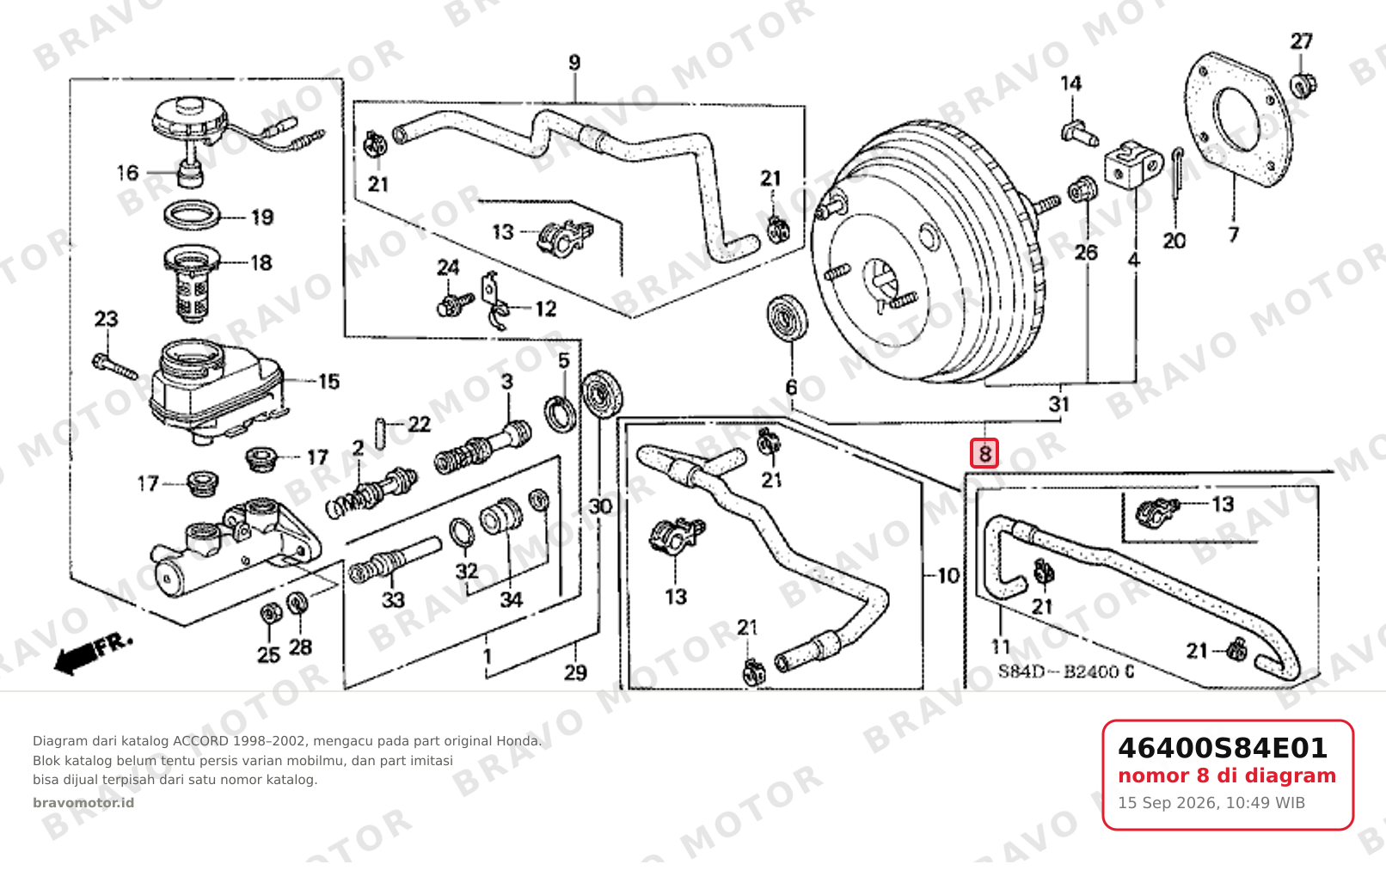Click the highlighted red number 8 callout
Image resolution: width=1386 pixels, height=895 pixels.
(984, 453)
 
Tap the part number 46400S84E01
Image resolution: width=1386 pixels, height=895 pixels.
(1222, 748)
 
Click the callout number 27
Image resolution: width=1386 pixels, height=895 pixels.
(1301, 41)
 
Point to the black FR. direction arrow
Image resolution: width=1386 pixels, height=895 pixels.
(93, 654)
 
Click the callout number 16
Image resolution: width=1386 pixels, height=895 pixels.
(127, 173)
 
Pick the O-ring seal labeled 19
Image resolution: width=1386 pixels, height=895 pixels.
(193, 214)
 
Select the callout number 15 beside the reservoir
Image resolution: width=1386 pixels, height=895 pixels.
(328, 382)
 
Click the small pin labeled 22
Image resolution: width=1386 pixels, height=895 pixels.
(381, 433)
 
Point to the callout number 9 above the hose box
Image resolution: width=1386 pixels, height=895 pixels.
(574, 63)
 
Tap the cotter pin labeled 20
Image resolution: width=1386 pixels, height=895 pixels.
(1177, 173)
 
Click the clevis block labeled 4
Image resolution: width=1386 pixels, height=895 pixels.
(1133, 164)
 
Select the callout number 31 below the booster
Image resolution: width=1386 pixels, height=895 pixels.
(1059, 404)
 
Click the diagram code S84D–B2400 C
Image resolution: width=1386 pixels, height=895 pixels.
(1066, 671)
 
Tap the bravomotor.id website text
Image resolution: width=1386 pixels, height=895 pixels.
(83, 803)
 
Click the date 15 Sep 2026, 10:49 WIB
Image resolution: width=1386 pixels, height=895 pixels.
(1211, 803)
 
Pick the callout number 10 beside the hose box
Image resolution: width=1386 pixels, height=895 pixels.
(948, 576)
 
